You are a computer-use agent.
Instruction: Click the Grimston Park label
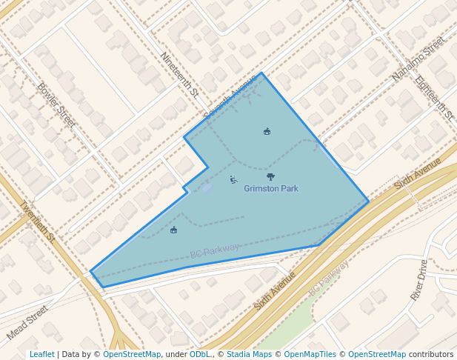click(271, 189)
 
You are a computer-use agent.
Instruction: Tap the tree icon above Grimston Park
click(270, 177)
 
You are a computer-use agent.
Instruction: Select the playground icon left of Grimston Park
click(233, 179)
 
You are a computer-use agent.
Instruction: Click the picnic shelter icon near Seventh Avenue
click(267, 132)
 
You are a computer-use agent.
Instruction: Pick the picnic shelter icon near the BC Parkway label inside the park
click(173, 230)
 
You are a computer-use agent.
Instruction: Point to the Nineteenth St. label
click(180, 75)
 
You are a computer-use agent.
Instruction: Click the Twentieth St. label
click(37, 222)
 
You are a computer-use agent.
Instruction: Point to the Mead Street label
click(27, 322)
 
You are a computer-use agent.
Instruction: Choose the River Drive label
click(419, 279)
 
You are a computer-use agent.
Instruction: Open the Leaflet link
click(41, 355)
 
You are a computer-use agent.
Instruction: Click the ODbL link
click(200, 355)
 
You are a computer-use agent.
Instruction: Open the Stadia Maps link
click(249, 355)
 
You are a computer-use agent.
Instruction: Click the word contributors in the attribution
click(431, 355)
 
